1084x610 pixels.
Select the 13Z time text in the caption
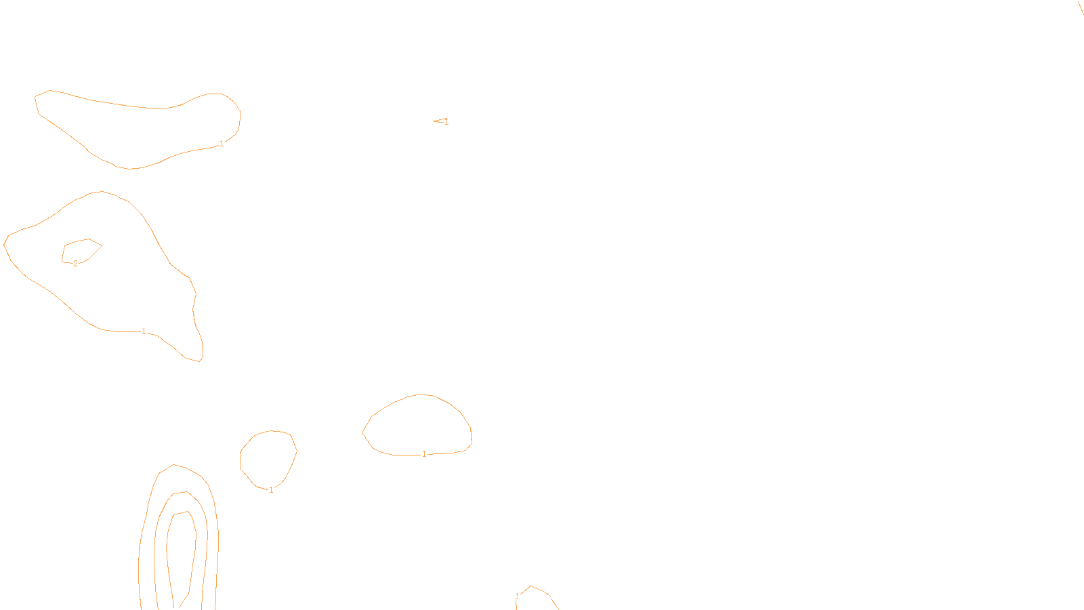click(513, 599)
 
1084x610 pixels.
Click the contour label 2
click(75, 264)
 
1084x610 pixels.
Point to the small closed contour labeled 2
click(82, 250)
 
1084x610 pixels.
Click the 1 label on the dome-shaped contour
click(424, 454)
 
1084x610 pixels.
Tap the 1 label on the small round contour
click(271, 490)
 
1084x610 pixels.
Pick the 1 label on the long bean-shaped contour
click(222, 144)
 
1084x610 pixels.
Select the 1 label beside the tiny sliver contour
click(446, 122)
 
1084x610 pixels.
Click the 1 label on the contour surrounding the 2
click(144, 331)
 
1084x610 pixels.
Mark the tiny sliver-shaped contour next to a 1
click(439, 121)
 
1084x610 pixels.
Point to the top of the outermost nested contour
click(175, 465)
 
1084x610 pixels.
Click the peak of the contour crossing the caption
click(531, 586)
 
